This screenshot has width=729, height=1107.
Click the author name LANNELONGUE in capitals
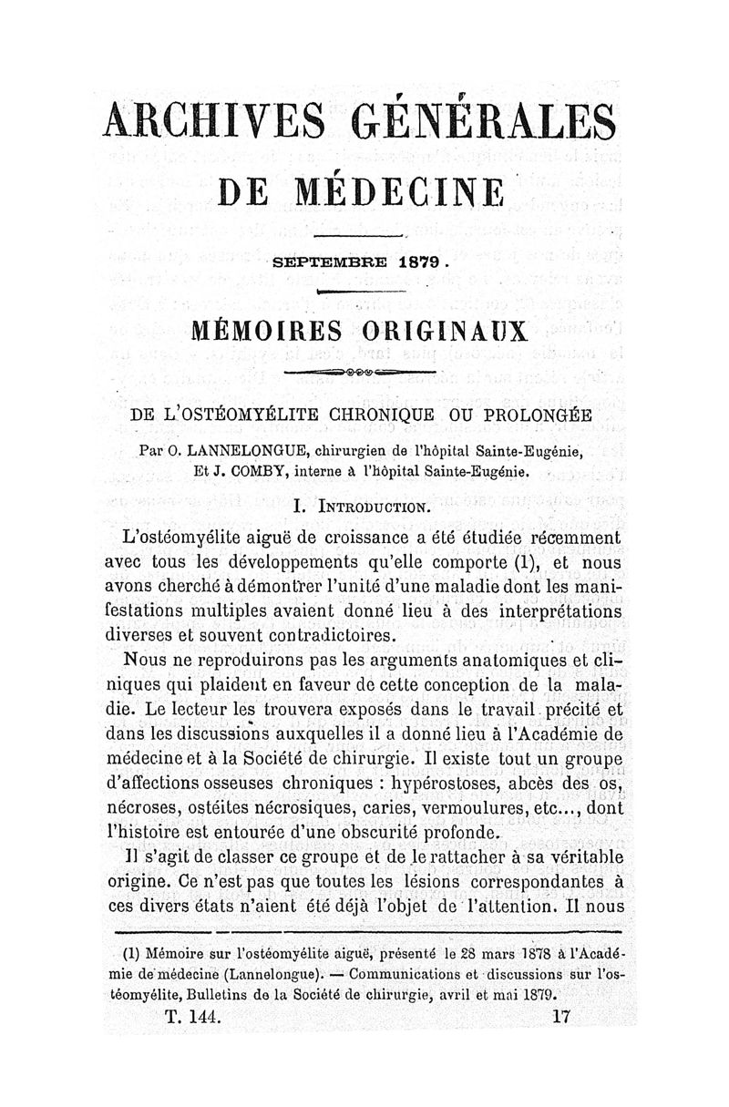coord(231,450)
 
